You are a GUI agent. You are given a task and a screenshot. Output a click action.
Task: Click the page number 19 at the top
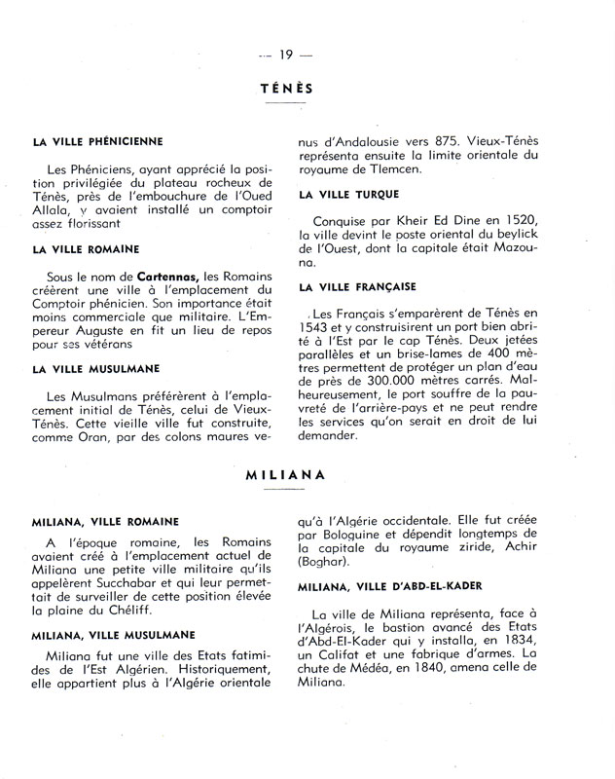point(286,54)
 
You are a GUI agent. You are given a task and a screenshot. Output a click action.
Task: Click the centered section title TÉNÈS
point(286,89)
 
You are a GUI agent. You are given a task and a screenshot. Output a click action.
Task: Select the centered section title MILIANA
point(285,477)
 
